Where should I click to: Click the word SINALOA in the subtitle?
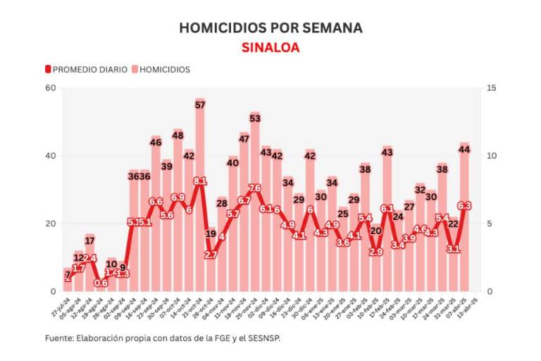(x=270, y=48)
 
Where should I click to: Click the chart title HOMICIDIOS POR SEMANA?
(x=270, y=28)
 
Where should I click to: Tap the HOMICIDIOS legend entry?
(x=161, y=70)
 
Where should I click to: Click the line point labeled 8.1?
(x=200, y=181)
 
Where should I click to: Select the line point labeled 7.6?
(x=255, y=188)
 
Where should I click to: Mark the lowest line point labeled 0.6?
(x=101, y=283)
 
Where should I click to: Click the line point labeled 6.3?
(x=464, y=206)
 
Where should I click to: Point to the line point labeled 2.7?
(x=211, y=255)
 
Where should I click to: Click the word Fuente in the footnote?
(x=60, y=338)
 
